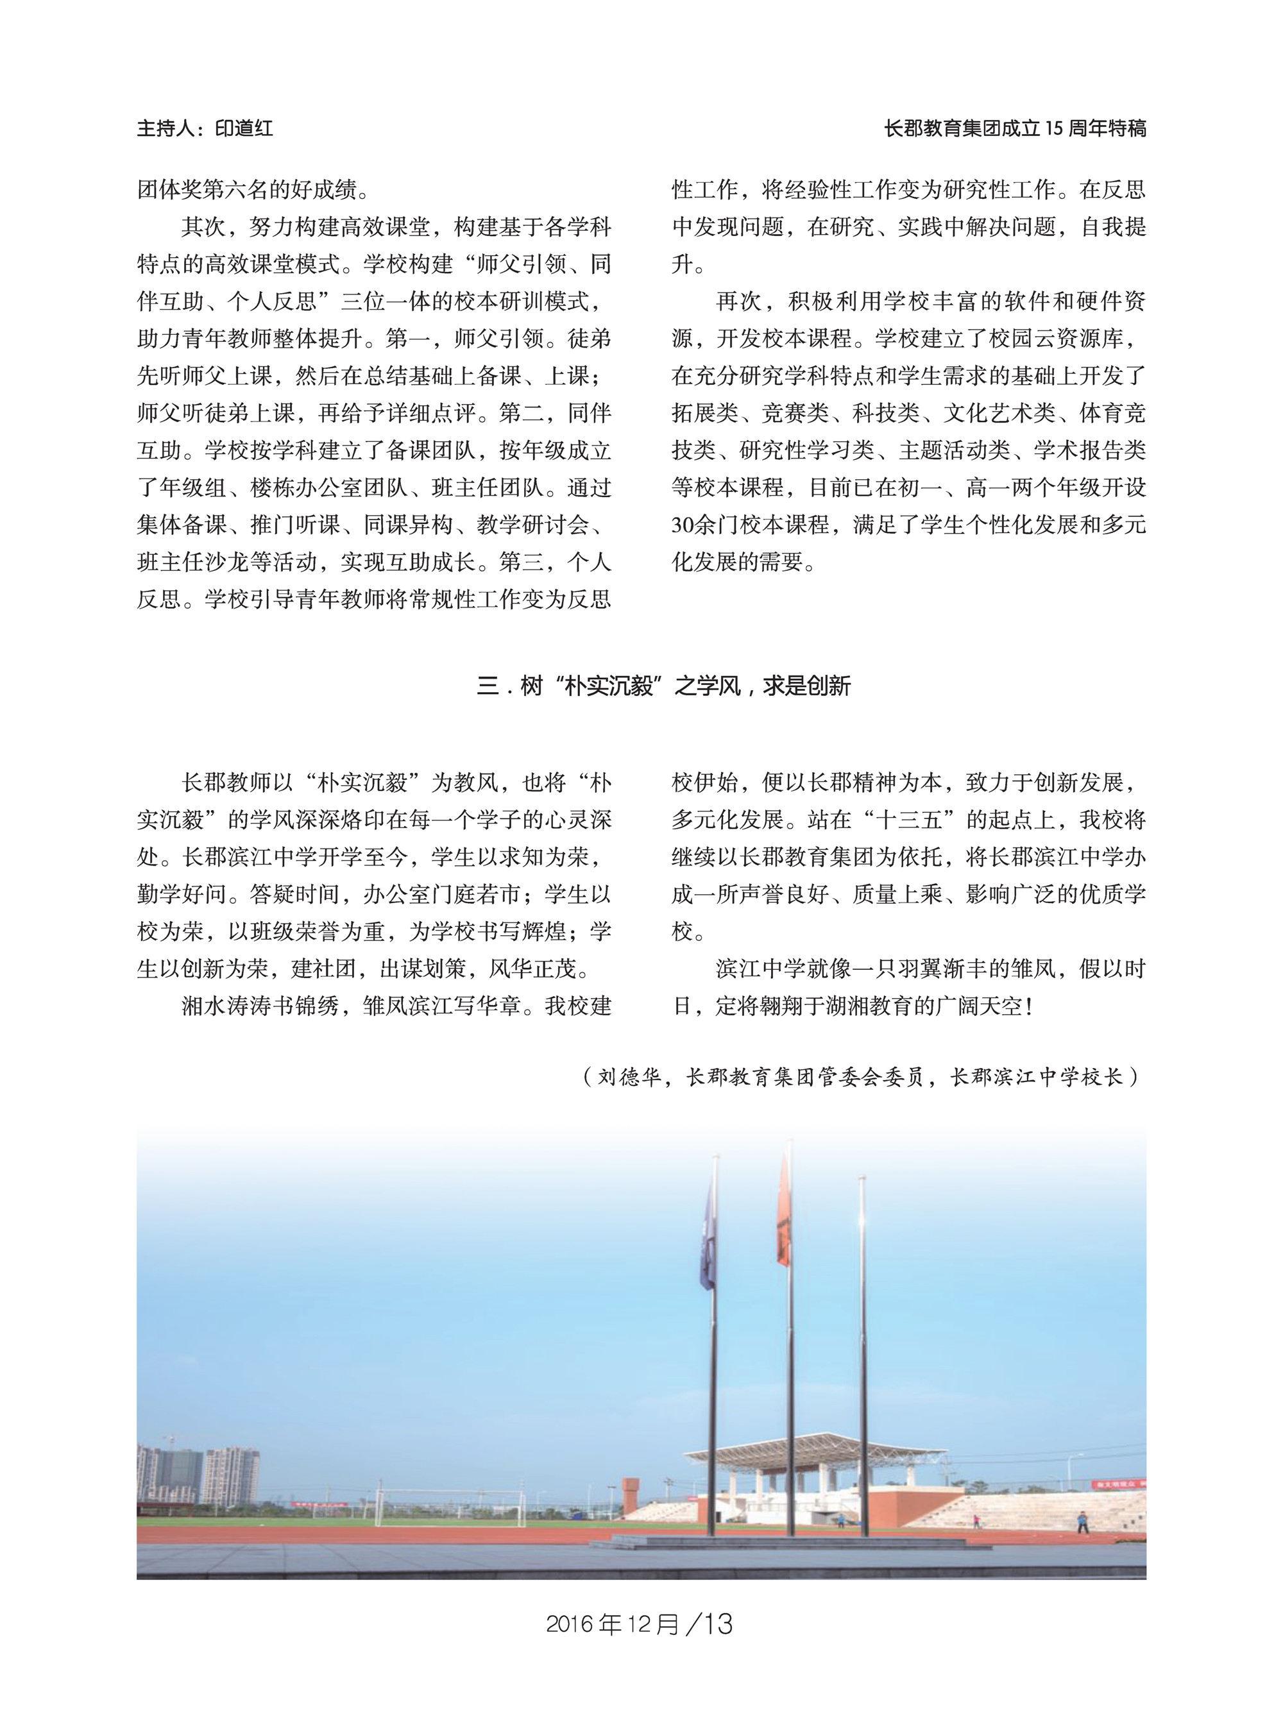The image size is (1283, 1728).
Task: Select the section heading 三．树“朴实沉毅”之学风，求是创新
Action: coord(664,686)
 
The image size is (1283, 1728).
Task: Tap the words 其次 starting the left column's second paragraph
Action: coord(203,227)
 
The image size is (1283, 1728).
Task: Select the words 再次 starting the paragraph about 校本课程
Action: coord(738,301)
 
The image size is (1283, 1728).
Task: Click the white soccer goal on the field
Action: coord(450,1503)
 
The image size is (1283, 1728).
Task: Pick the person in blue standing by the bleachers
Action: coord(1082,1521)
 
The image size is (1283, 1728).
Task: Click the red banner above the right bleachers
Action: coord(1118,1484)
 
